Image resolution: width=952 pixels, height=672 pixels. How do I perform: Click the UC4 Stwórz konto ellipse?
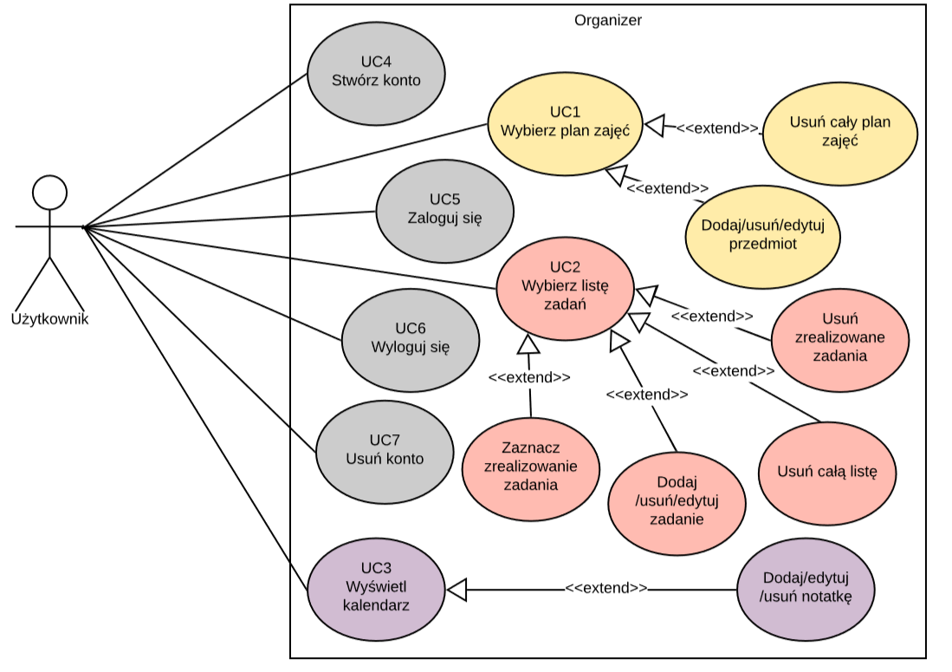376,73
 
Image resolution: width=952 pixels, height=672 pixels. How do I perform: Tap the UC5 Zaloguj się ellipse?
444,211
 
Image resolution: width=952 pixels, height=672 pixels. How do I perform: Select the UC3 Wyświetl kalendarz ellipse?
376,588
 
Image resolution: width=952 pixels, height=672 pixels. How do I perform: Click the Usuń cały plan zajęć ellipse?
839,131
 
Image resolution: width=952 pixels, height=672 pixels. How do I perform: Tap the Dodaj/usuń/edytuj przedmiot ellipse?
762,235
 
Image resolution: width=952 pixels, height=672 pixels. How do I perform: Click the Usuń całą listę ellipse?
827,473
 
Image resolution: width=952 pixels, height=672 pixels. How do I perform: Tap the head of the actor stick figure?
49,192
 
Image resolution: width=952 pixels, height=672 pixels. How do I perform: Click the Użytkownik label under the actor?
49,319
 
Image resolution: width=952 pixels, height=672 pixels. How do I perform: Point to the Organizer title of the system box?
608,20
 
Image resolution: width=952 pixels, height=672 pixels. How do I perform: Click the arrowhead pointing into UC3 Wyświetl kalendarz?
457,589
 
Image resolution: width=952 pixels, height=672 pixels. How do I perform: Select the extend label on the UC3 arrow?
606,588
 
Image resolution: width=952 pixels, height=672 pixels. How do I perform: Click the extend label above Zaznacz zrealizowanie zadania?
529,378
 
